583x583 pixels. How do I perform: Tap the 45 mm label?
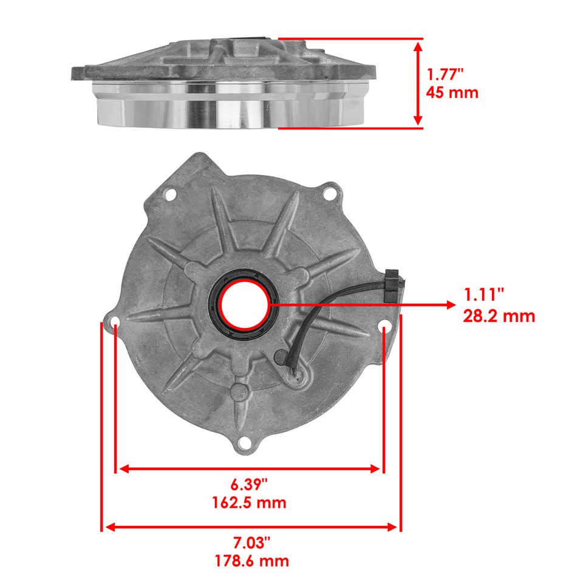[x=452, y=93]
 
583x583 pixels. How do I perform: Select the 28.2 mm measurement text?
[x=499, y=316]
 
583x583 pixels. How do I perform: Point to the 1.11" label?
[x=484, y=295]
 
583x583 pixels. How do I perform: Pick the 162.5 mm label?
[x=249, y=503]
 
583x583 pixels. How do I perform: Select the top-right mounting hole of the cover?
[x=330, y=195]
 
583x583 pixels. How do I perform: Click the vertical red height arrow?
[x=418, y=83]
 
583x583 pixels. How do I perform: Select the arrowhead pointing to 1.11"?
[x=451, y=305]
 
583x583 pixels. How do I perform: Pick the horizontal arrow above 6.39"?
[x=250, y=469]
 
